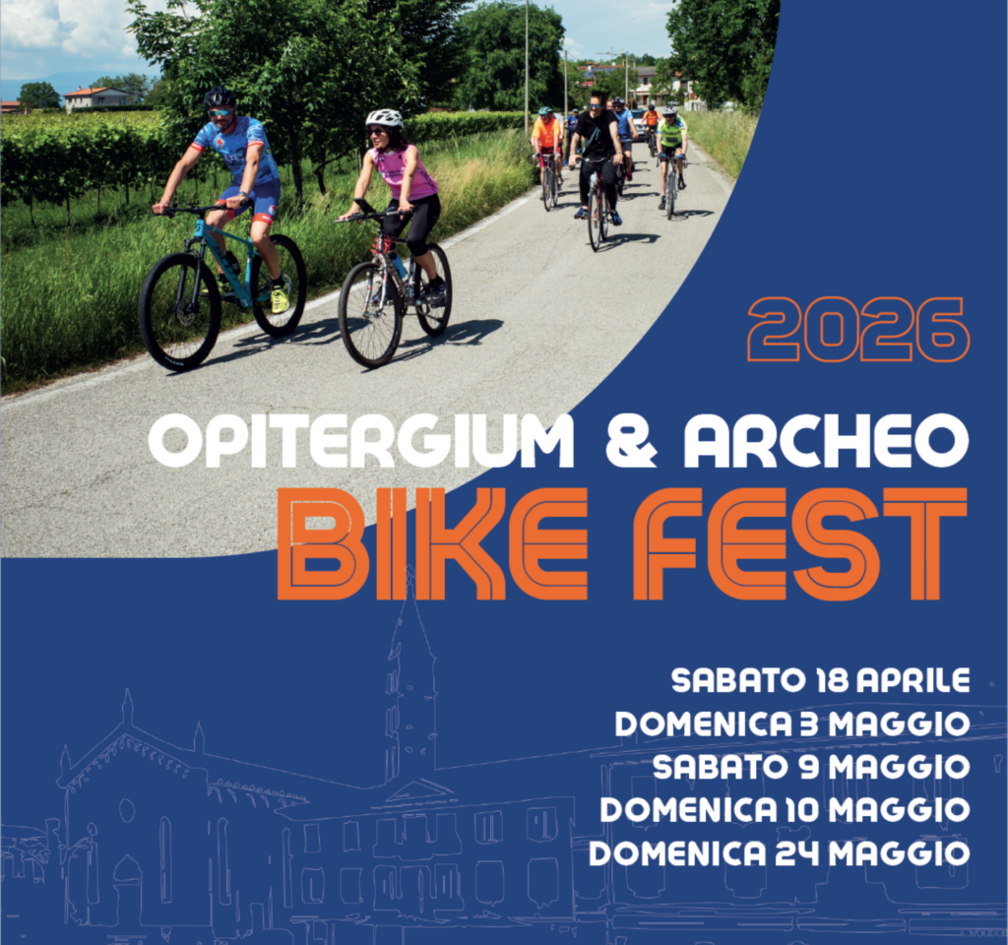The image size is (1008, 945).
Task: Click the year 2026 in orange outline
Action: [857, 329]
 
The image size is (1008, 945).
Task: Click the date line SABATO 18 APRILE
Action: [820, 680]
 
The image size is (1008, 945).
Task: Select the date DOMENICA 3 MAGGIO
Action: [792, 724]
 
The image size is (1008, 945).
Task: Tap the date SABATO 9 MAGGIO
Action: [811, 766]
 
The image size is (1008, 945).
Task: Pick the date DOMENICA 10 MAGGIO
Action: [785, 809]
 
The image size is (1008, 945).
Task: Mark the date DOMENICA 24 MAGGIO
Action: [779, 852]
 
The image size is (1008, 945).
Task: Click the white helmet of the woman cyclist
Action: [384, 118]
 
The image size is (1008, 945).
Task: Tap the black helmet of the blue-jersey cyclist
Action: [220, 97]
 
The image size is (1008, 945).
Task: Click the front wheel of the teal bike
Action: [179, 311]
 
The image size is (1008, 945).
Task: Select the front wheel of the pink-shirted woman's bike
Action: [369, 314]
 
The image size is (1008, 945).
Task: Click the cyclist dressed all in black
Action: [597, 148]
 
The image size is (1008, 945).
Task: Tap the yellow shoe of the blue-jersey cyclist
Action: [280, 298]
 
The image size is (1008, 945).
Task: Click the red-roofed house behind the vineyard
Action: [97, 97]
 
